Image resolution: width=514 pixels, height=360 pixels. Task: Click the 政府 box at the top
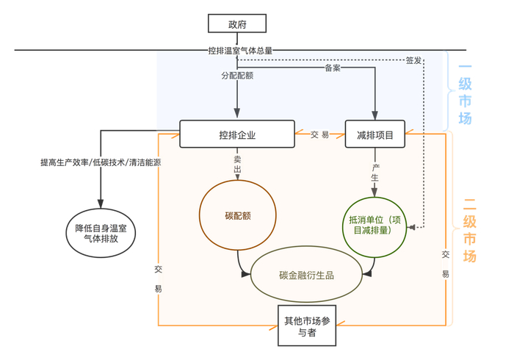click(237, 24)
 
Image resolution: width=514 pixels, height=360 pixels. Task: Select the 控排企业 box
click(237, 134)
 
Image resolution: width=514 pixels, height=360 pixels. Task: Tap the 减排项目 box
click(374, 134)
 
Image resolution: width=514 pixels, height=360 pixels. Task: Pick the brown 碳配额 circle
click(238, 216)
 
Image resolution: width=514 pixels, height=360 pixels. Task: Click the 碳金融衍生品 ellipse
click(307, 275)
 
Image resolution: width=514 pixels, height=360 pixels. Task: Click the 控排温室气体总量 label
click(240, 51)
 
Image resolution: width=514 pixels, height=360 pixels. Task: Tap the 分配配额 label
click(237, 76)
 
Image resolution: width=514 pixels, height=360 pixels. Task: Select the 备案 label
click(333, 68)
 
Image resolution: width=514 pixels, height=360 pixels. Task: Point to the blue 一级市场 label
click(465, 95)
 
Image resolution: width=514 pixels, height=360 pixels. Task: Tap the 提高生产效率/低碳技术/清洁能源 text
click(101, 162)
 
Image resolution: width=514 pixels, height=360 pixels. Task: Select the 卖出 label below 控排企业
click(237, 164)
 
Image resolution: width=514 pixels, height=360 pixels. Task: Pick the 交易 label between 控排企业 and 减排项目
click(319, 134)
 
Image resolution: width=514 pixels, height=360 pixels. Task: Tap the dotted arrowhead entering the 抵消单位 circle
click(412, 227)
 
